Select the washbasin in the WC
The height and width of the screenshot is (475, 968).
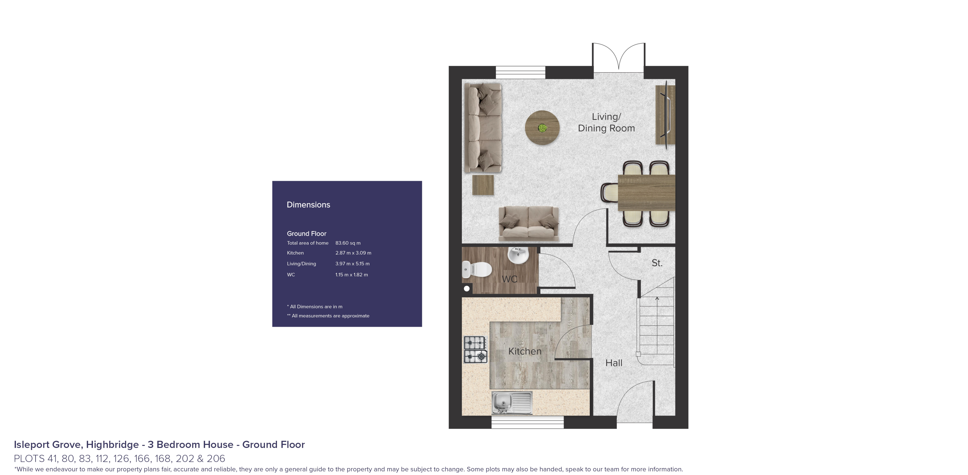tap(518, 255)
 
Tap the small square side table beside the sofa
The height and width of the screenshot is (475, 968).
tap(483, 185)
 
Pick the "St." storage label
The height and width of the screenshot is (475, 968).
tap(657, 263)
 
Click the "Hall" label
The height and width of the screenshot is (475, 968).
tap(614, 363)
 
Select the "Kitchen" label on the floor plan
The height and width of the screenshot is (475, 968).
tap(525, 351)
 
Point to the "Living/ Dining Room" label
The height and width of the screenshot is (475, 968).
tap(606, 122)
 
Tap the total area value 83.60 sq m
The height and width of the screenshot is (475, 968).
tap(348, 243)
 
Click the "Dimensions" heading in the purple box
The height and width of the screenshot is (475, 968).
tap(308, 205)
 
